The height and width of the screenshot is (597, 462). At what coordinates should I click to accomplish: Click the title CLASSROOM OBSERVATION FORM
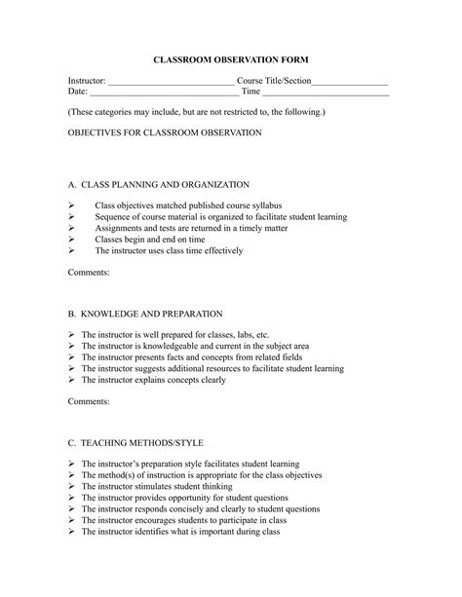click(231, 60)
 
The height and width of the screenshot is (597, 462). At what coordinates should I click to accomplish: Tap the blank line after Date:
click(163, 93)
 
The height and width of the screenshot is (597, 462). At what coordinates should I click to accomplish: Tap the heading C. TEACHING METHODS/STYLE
click(135, 442)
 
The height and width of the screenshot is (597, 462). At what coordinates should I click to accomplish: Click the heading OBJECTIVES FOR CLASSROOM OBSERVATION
click(165, 132)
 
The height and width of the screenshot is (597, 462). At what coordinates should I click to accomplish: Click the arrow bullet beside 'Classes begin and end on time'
click(72, 239)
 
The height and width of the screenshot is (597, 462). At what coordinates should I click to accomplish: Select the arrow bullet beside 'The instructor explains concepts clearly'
click(72, 380)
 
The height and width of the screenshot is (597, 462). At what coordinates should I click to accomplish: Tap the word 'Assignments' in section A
click(118, 228)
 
